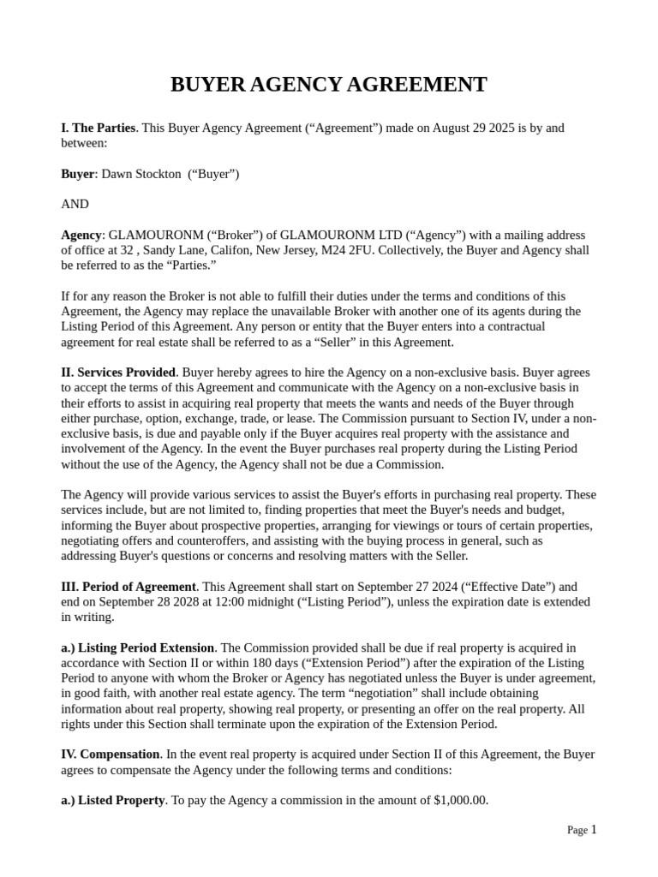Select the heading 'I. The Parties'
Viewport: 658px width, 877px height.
coord(98,128)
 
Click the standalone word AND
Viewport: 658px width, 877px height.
coord(75,204)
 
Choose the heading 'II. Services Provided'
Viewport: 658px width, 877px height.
coord(118,373)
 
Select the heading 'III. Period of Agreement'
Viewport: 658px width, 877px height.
coord(129,587)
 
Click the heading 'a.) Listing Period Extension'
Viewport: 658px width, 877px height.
coord(137,647)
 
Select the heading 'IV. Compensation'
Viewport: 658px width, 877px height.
coord(111,755)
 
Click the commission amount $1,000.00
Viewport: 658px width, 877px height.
coord(461,800)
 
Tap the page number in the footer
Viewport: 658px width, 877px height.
coord(593,829)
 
